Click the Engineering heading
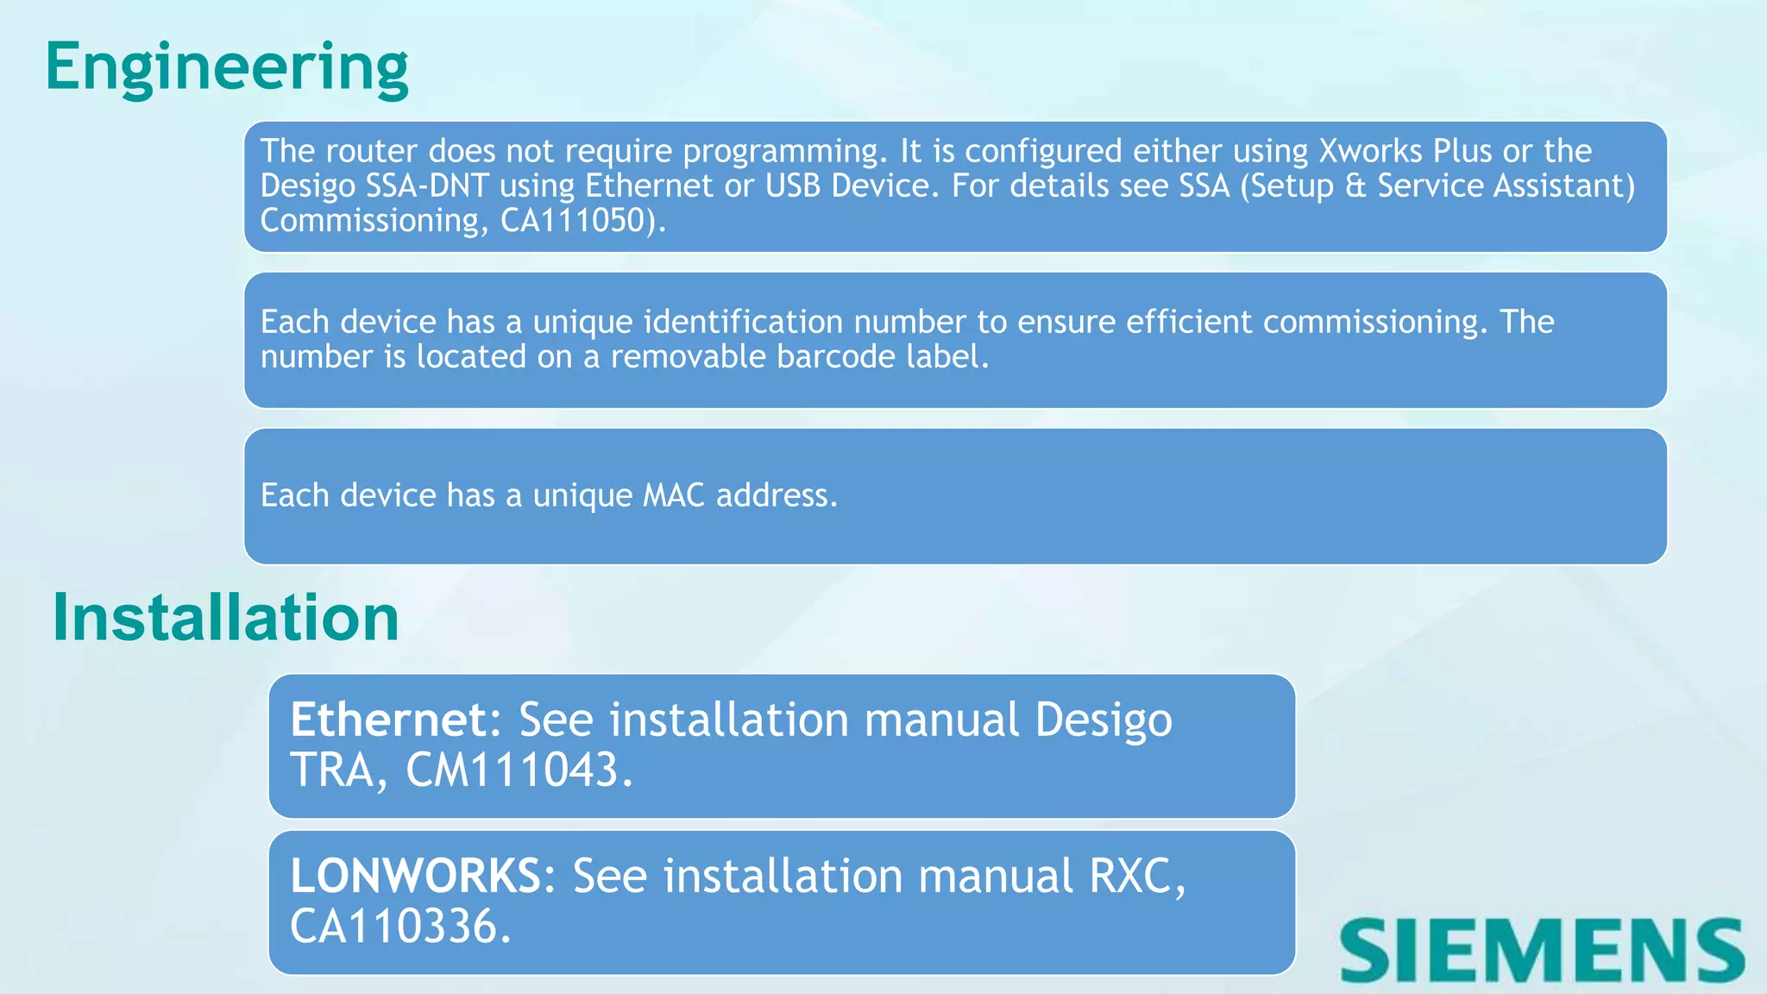tap(226, 67)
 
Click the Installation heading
tap(225, 618)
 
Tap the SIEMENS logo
tap(1542, 949)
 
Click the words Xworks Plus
tap(1405, 152)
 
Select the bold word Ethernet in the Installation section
tap(388, 720)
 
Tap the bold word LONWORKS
tap(415, 876)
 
